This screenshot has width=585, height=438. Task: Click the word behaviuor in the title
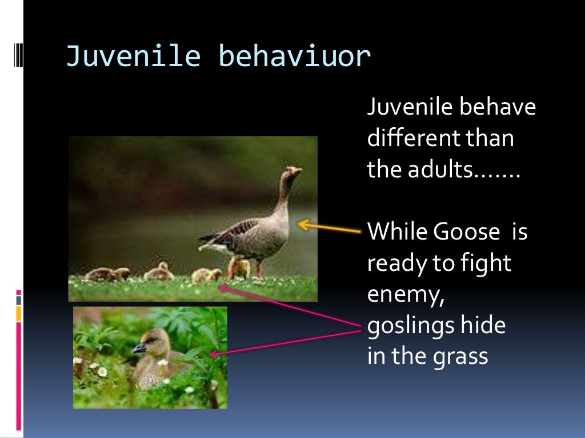295,57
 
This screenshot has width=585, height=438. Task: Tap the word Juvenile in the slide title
133,57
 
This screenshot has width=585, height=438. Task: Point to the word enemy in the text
405,295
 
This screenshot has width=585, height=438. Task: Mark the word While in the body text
398,232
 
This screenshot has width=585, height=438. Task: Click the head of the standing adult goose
293,172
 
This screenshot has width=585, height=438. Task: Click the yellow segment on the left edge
19,313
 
